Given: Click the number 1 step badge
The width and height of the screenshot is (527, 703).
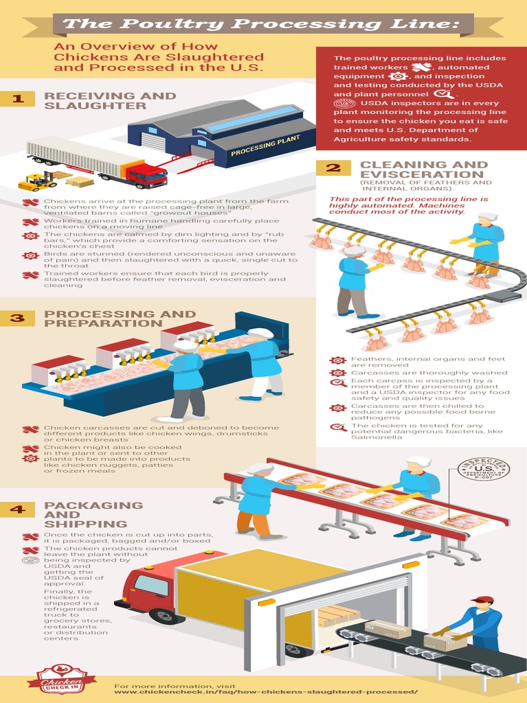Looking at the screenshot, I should (19, 99).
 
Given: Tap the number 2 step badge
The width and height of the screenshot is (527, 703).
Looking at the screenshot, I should (333, 168).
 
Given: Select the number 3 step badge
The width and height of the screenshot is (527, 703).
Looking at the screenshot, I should (19, 317).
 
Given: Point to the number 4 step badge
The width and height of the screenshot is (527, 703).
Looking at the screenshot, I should (19, 509).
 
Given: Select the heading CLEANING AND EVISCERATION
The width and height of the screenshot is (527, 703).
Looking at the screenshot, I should (423, 170).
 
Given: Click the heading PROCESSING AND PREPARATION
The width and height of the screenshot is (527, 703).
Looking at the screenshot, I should (119, 319).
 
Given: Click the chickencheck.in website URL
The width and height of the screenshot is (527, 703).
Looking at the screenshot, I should (266, 691).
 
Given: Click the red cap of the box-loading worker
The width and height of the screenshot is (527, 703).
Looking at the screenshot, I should (482, 599).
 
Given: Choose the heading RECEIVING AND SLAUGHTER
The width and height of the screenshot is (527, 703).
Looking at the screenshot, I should (110, 101).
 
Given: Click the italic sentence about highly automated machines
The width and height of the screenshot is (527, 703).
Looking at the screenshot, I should (408, 205).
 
